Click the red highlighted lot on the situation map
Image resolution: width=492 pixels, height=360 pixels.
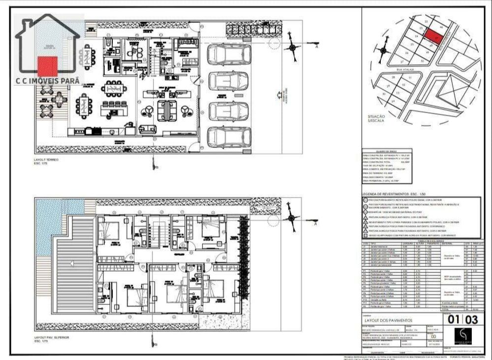[x=433, y=36]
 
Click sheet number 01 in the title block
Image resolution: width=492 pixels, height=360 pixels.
[x=454, y=319]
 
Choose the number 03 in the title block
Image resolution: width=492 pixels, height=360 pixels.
[x=471, y=319]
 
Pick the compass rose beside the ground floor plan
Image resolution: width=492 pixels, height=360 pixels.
[x=294, y=47]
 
